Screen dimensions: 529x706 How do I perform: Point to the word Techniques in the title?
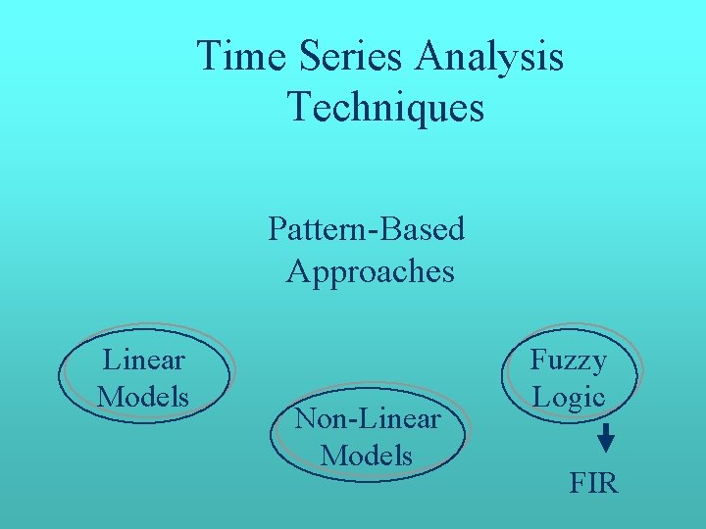(385, 107)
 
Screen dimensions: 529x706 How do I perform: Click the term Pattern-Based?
(366, 229)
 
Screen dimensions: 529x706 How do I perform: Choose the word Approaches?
(370, 271)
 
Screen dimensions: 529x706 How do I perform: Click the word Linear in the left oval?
(143, 361)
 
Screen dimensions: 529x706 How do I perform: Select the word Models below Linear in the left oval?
(143, 397)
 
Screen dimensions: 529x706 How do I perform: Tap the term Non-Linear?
(367, 419)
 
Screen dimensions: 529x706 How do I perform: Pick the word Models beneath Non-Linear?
(367, 456)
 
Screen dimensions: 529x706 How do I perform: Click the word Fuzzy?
(568, 361)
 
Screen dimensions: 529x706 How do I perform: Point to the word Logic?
(568, 397)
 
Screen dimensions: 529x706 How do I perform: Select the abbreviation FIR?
(593, 483)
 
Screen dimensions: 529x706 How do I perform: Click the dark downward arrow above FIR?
(606, 437)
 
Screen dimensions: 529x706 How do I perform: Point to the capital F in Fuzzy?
(538, 360)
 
